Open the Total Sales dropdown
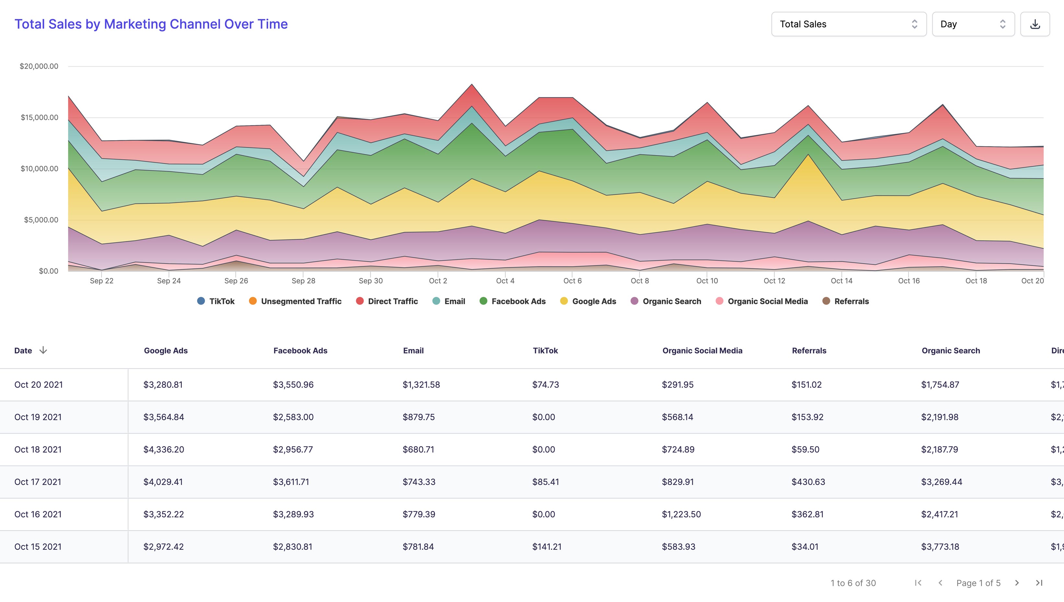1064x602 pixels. coord(848,24)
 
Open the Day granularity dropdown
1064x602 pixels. coord(973,24)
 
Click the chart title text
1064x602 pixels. coord(151,24)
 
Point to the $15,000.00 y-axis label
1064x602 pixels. coord(39,117)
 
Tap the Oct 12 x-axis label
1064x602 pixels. coord(774,281)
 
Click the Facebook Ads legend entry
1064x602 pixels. coord(513,301)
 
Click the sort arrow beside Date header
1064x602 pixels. coord(43,350)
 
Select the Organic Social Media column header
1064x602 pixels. coord(702,351)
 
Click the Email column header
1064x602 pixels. coord(413,351)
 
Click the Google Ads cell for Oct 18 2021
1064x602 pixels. coord(164,449)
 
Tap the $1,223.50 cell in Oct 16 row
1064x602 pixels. coord(681,514)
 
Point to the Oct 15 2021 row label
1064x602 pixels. coord(38,547)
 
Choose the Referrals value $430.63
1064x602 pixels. coord(808,482)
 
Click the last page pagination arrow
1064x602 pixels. coord(1039,583)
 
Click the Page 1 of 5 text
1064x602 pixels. coord(978,583)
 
